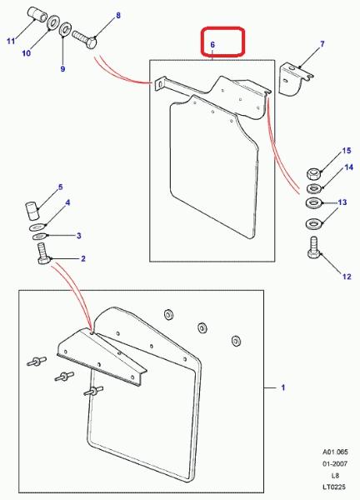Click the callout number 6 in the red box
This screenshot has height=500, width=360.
(212, 45)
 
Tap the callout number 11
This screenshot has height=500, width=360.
(11, 41)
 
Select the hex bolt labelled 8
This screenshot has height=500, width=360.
(84, 39)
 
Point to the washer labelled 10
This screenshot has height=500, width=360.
(52, 22)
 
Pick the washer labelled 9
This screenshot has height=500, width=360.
(65, 29)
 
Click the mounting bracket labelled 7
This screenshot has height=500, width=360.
(295, 79)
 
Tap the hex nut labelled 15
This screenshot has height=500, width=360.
(313, 174)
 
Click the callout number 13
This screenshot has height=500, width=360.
(342, 202)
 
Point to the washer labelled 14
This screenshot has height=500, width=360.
(314, 188)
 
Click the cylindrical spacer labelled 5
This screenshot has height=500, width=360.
(32, 211)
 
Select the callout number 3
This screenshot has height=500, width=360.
(79, 236)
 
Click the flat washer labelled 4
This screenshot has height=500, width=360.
(37, 227)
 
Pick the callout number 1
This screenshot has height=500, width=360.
(282, 387)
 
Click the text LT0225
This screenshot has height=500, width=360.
(334, 487)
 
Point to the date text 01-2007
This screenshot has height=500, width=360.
(334, 463)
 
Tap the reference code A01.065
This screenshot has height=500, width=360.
(334, 452)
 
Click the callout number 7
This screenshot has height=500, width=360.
(322, 43)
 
